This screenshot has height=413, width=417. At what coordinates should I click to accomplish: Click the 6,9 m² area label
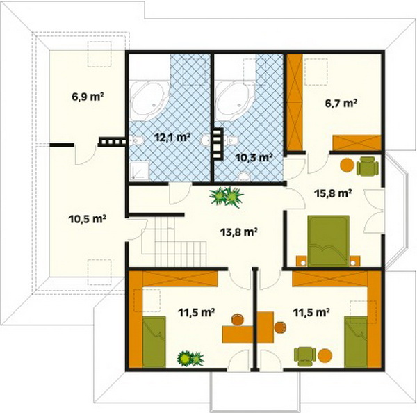click(x=88, y=97)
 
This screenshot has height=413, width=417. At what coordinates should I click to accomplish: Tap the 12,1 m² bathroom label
click(x=172, y=138)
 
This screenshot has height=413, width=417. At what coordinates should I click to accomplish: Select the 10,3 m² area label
click(x=254, y=158)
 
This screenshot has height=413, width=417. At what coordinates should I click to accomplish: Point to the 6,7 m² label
click(x=341, y=103)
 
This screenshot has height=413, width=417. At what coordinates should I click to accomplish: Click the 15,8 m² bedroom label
click(x=333, y=193)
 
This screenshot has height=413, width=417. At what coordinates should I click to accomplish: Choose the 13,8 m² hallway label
click(x=238, y=232)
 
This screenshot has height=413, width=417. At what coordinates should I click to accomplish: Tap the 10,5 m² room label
click(x=88, y=219)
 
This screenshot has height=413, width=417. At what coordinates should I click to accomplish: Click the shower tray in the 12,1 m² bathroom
click(x=139, y=171)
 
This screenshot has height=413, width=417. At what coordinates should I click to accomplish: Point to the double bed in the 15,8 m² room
click(x=329, y=241)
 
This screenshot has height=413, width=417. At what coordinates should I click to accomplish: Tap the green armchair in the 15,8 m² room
click(x=367, y=166)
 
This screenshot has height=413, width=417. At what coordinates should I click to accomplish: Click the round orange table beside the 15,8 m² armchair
click(x=347, y=165)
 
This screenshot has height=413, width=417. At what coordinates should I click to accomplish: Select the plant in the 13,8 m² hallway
click(x=226, y=197)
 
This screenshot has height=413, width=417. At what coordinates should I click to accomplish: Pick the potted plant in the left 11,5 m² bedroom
click(x=190, y=358)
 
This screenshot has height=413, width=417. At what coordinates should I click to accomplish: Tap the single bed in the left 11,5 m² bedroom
click(x=154, y=341)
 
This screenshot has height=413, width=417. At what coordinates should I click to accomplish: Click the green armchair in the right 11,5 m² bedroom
click(x=305, y=356)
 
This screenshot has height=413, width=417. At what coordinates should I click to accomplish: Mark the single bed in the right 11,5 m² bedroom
click(x=356, y=341)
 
